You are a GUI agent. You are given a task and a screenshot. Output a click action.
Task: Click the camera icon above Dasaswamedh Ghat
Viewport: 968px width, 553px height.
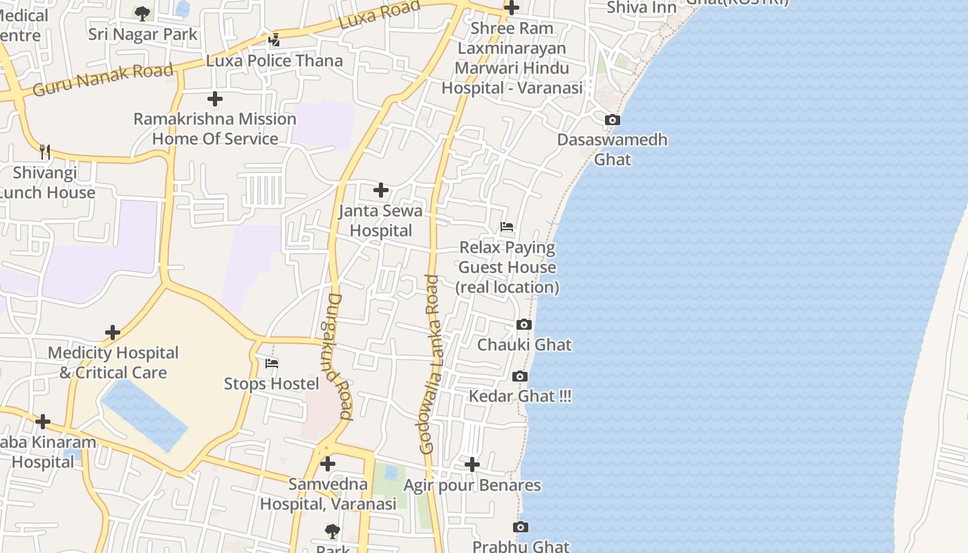tap(612, 120)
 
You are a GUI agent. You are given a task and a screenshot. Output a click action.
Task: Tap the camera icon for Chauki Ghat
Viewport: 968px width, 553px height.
tap(524, 325)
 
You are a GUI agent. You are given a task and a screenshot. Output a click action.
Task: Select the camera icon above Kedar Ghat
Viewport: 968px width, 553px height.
tap(520, 377)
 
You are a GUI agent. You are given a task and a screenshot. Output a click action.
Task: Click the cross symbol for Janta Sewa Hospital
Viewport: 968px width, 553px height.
tap(380, 190)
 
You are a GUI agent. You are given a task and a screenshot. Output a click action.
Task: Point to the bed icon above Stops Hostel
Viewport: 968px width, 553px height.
tap(272, 364)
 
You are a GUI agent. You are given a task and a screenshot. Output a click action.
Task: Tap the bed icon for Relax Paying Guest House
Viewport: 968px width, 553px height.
tap(507, 227)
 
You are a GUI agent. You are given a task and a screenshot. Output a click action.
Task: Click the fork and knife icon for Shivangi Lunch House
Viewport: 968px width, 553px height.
tap(45, 152)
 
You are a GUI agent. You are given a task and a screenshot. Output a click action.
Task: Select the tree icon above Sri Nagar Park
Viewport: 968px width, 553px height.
tap(142, 13)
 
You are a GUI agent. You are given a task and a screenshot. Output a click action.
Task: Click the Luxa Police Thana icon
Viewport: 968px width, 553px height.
tap(274, 40)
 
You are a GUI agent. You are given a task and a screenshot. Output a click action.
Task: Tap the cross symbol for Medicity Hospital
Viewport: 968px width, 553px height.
tap(113, 332)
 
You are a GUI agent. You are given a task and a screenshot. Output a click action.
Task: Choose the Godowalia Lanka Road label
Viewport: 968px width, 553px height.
tap(430, 364)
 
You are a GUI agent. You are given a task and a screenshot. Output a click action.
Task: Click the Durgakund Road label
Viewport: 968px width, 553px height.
tap(339, 357)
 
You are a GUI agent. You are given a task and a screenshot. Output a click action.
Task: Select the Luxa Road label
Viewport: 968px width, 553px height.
tap(380, 15)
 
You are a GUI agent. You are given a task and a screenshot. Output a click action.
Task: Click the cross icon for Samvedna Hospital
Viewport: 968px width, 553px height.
tap(328, 464)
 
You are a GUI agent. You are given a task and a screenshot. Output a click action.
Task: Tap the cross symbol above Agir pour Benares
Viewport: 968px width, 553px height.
tap(472, 465)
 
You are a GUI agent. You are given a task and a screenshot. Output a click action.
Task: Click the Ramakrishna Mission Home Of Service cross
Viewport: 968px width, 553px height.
tap(215, 99)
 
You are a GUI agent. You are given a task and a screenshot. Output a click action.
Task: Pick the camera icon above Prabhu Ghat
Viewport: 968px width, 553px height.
tap(521, 527)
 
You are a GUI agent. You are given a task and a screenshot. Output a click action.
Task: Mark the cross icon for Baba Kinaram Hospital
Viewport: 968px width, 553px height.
tap(43, 422)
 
